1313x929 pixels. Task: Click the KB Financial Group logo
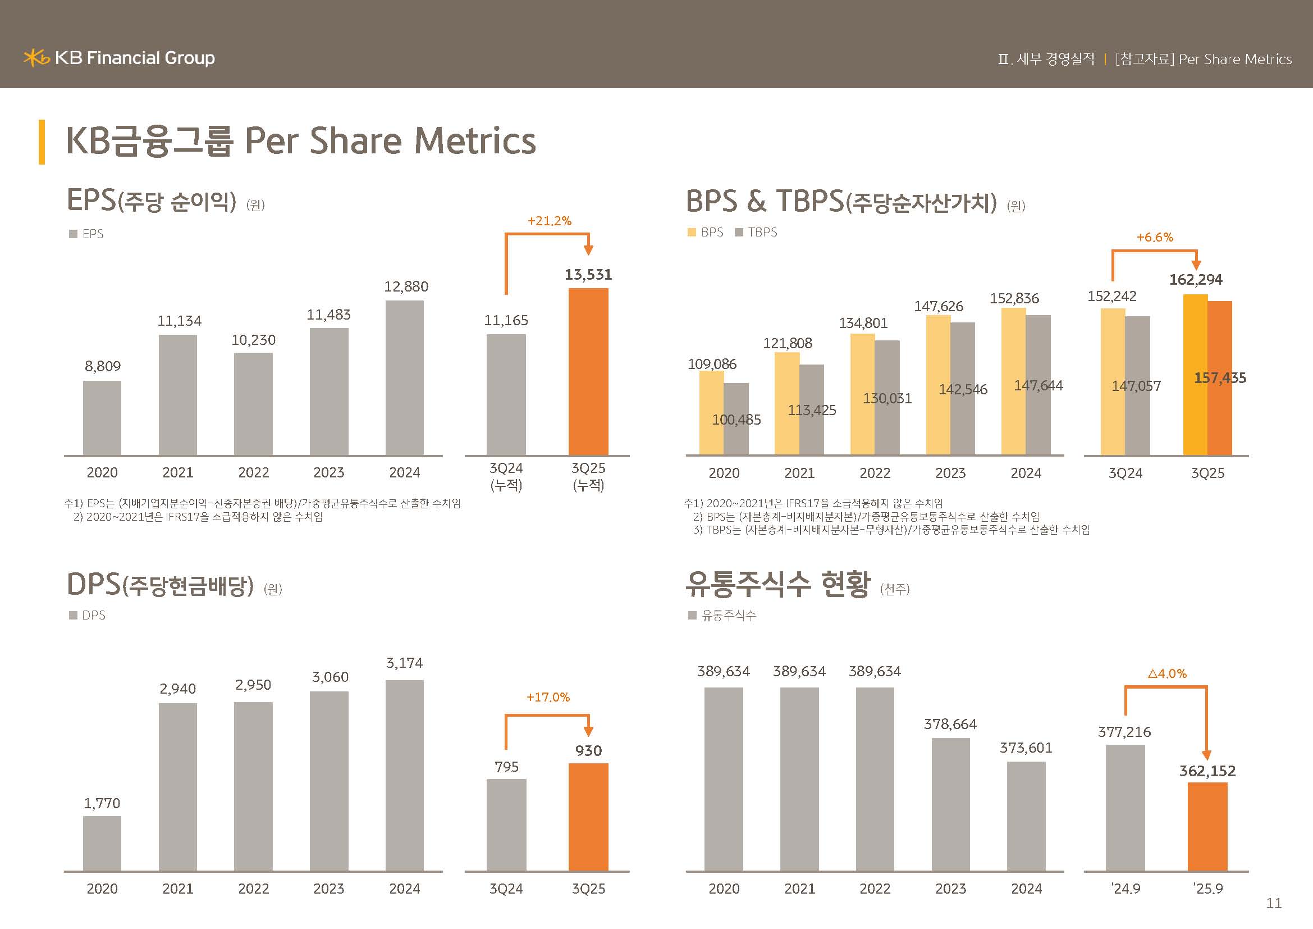click(119, 58)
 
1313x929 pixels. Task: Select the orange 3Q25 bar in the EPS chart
click(588, 372)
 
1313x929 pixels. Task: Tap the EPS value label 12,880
click(406, 286)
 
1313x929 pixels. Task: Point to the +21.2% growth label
click(549, 221)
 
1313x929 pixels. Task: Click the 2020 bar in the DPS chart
click(102, 843)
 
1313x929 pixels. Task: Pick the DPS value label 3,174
click(404, 663)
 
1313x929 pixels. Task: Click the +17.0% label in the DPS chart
click(548, 698)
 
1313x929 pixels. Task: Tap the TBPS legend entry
click(756, 233)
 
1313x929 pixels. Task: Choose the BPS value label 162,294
click(1196, 280)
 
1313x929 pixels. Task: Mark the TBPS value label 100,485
click(736, 420)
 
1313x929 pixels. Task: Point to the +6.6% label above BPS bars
click(1155, 238)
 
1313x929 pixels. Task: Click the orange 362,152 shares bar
click(1207, 827)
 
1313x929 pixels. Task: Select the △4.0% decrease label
click(1167, 674)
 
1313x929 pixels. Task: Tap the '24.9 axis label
click(1126, 889)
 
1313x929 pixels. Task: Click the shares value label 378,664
click(950, 724)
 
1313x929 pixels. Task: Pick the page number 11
click(1274, 903)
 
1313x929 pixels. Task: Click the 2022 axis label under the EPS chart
click(253, 472)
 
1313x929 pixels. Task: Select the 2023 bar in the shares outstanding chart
click(950, 804)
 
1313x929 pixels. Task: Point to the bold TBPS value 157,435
click(1220, 378)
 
